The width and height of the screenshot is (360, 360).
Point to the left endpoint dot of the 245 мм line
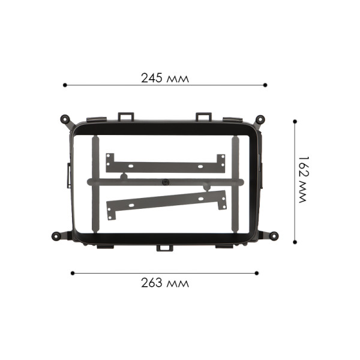64,85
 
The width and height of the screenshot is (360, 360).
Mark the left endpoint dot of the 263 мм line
73,273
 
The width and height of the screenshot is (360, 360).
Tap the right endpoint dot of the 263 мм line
257,273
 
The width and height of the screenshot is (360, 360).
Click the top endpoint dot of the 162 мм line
295,121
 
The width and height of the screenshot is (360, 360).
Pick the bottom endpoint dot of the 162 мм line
295,242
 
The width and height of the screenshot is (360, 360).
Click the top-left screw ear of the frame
64,119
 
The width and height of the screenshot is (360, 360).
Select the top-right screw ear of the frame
260,119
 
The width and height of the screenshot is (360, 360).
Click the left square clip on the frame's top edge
125,115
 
